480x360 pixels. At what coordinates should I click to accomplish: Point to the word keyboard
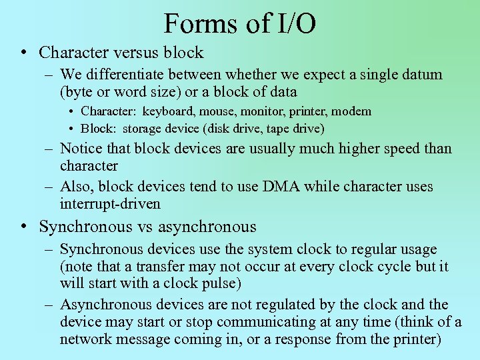point(167,111)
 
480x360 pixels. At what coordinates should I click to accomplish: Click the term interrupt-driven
point(110,204)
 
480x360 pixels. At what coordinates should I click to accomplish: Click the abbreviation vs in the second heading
point(145,227)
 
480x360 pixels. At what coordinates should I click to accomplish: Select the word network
point(86,339)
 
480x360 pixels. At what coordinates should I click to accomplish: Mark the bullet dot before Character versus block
point(23,52)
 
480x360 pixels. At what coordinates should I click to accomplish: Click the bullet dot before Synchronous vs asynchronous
point(23,227)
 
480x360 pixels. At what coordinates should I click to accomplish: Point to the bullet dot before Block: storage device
point(70,128)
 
